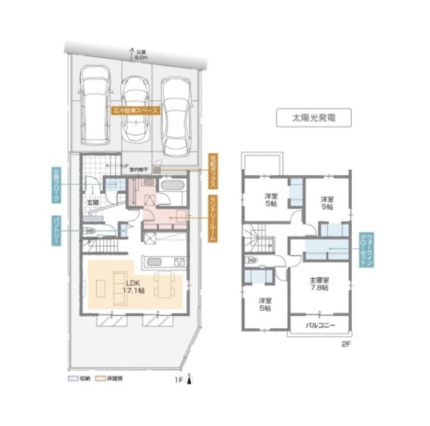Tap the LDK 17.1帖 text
pos(135,287)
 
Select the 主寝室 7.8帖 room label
pos(319,284)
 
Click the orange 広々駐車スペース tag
pos(135,110)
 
